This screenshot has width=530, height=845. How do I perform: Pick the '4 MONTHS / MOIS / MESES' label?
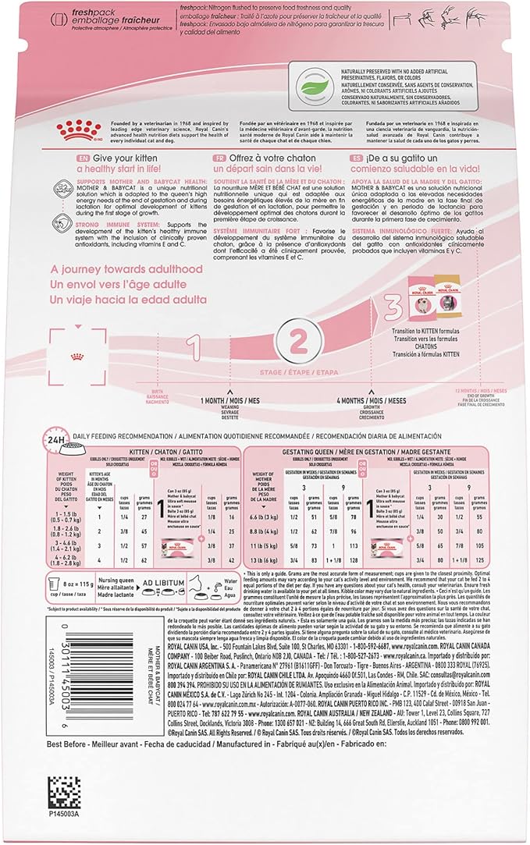(371, 401)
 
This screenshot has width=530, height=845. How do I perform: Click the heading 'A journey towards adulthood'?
(126, 269)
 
